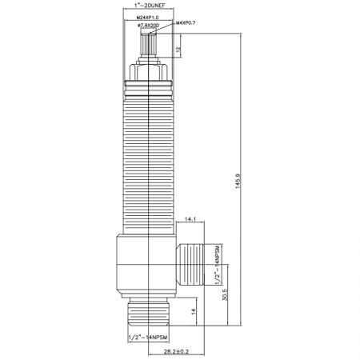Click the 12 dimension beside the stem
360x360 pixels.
point(178,50)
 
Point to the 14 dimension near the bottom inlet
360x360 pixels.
point(194,311)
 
